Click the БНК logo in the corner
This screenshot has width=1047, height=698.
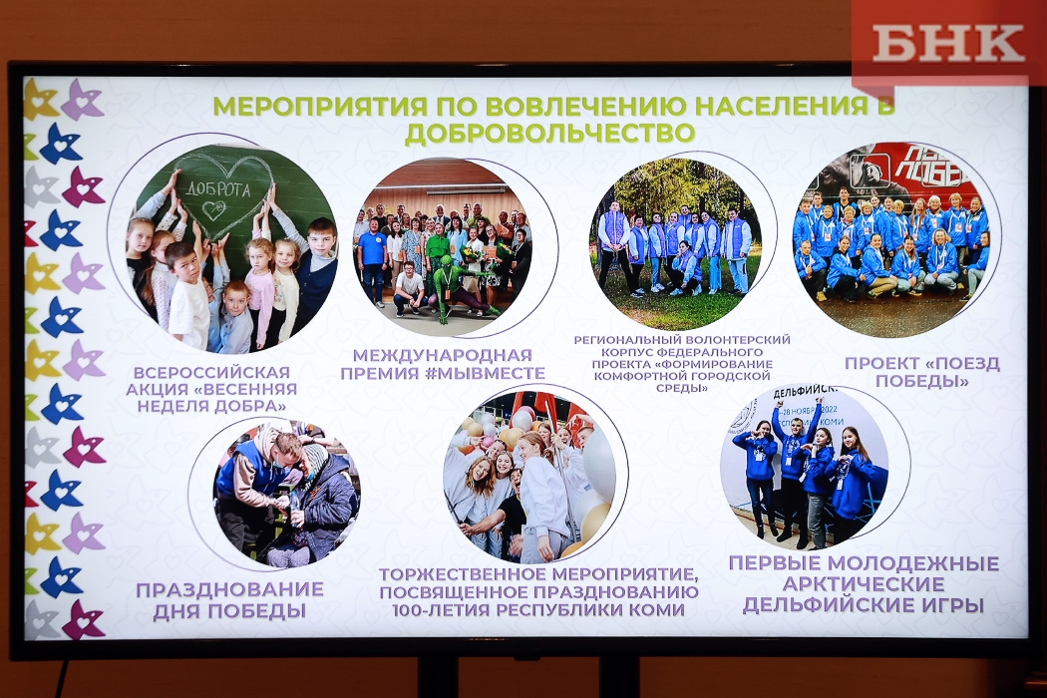click(948, 44)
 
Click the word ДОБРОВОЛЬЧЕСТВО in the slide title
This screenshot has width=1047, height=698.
click(550, 133)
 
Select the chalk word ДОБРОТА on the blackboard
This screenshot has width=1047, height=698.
click(217, 189)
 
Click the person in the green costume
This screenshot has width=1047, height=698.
click(458, 287)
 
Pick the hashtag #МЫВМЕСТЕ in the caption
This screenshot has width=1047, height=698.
click(485, 373)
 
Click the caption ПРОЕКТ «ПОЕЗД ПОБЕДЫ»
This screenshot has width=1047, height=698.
click(922, 372)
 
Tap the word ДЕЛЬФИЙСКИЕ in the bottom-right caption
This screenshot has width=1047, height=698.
click(825, 606)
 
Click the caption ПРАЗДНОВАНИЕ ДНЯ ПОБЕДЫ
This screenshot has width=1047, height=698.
click(229, 600)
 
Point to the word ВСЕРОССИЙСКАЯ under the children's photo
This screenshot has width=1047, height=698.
click(211, 372)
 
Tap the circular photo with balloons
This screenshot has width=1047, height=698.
click(529, 477)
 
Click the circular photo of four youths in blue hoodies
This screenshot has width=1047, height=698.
click(804, 468)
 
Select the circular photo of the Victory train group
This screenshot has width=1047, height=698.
click(892, 239)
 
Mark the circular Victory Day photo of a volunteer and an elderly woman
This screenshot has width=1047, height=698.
click(286, 494)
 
